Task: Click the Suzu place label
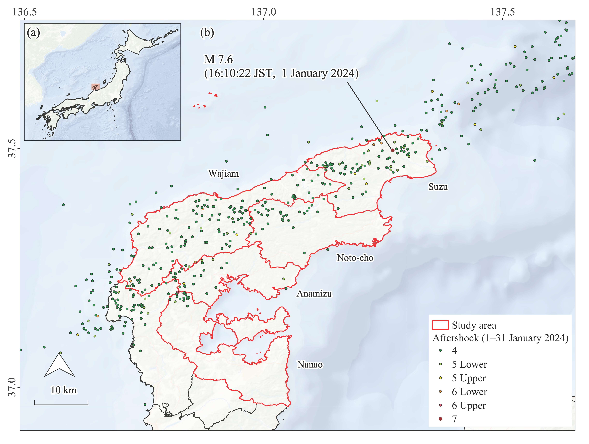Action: (438, 187)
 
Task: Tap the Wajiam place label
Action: (223, 173)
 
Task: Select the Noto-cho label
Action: (355, 258)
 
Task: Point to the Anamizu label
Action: (314, 293)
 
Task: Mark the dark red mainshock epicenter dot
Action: (393, 150)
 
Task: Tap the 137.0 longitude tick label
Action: (264, 12)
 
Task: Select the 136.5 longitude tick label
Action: (25, 12)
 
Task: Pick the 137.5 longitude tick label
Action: (503, 12)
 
